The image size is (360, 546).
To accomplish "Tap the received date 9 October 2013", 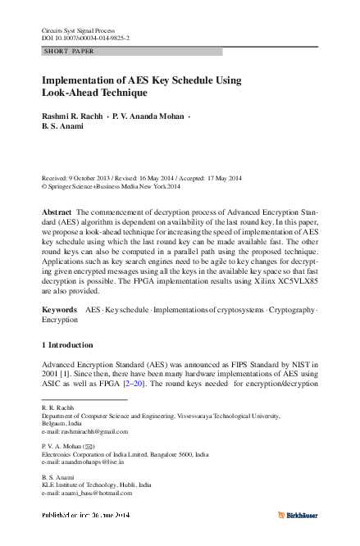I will point(95,178).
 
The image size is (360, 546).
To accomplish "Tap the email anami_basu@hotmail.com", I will point(95,494).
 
